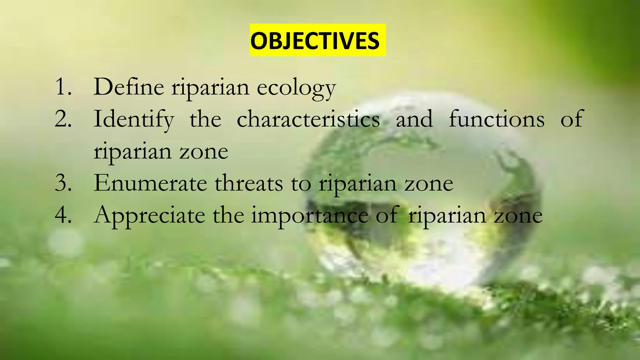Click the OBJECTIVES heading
tap(317, 41)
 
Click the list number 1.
tap(62, 87)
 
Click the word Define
tap(129, 87)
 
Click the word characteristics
tap(308, 119)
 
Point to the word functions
tap(497, 119)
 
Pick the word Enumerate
tap(150, 183)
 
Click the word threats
tap(248, 183)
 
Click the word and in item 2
tap(414, 119)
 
